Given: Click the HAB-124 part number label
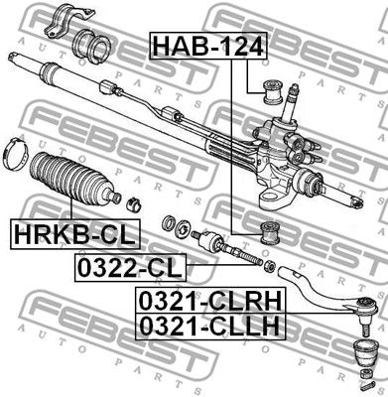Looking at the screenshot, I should coord(193,45).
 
